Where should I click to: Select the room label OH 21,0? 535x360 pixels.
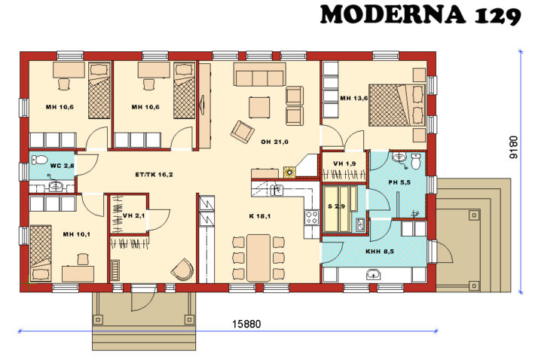point(275,141)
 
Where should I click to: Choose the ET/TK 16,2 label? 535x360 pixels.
point(154,174)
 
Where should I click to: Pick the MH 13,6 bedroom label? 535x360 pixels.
point(353,98)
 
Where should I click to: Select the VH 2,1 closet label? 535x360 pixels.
point(133,215)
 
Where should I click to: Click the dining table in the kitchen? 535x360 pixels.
point(259,255)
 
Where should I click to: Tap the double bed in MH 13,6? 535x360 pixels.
point(395,105)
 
